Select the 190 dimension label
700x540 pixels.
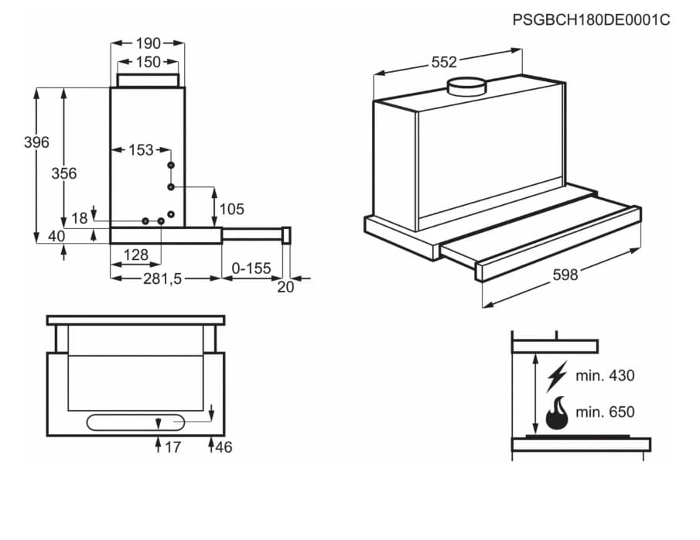point(148,43)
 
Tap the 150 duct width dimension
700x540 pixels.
point(148,62)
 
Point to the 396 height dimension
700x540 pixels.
point(36,142)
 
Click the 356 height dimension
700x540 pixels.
point(64,173)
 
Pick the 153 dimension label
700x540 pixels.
point(140,150)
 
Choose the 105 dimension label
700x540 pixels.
point(231,209)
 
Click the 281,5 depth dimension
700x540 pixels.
point(162,279)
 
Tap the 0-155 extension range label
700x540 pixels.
point(251,268)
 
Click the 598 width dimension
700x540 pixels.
point(565,275)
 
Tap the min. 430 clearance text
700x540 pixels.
point(605,376)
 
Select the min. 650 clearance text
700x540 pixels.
point(605,412)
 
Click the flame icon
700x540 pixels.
point(556,413)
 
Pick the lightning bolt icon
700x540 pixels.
point(556,376)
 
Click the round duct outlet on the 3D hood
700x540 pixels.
point(469,85)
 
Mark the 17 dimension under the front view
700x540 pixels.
point(172,447)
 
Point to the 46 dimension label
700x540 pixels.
point(224,447)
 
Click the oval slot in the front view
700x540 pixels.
point(136,422)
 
